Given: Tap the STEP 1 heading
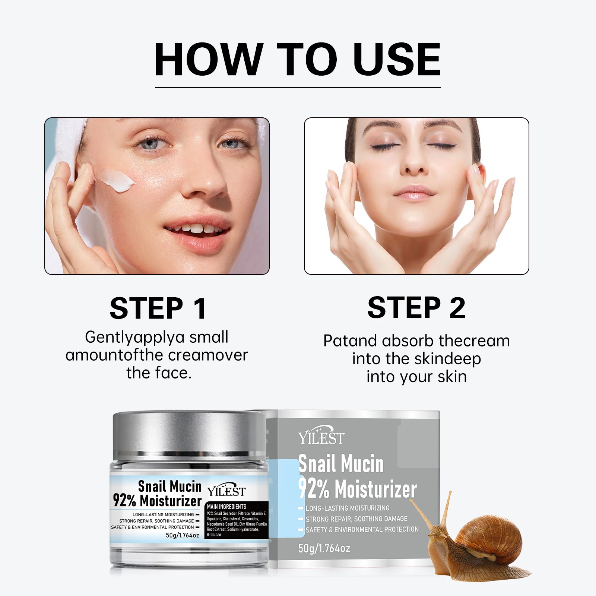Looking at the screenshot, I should (x=158, y=308).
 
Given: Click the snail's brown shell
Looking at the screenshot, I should (x=488, y=536).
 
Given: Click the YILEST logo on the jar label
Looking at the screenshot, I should (x=226, y=491).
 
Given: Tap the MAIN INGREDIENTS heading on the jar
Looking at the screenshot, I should (x=226, y=507).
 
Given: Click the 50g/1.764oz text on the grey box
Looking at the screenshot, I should (x=324, y=548).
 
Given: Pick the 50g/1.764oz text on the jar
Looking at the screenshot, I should (x=183, y=535).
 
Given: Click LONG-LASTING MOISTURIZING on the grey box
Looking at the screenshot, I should (x=347, y=508).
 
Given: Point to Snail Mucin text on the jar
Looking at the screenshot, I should (x=169, y=486).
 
